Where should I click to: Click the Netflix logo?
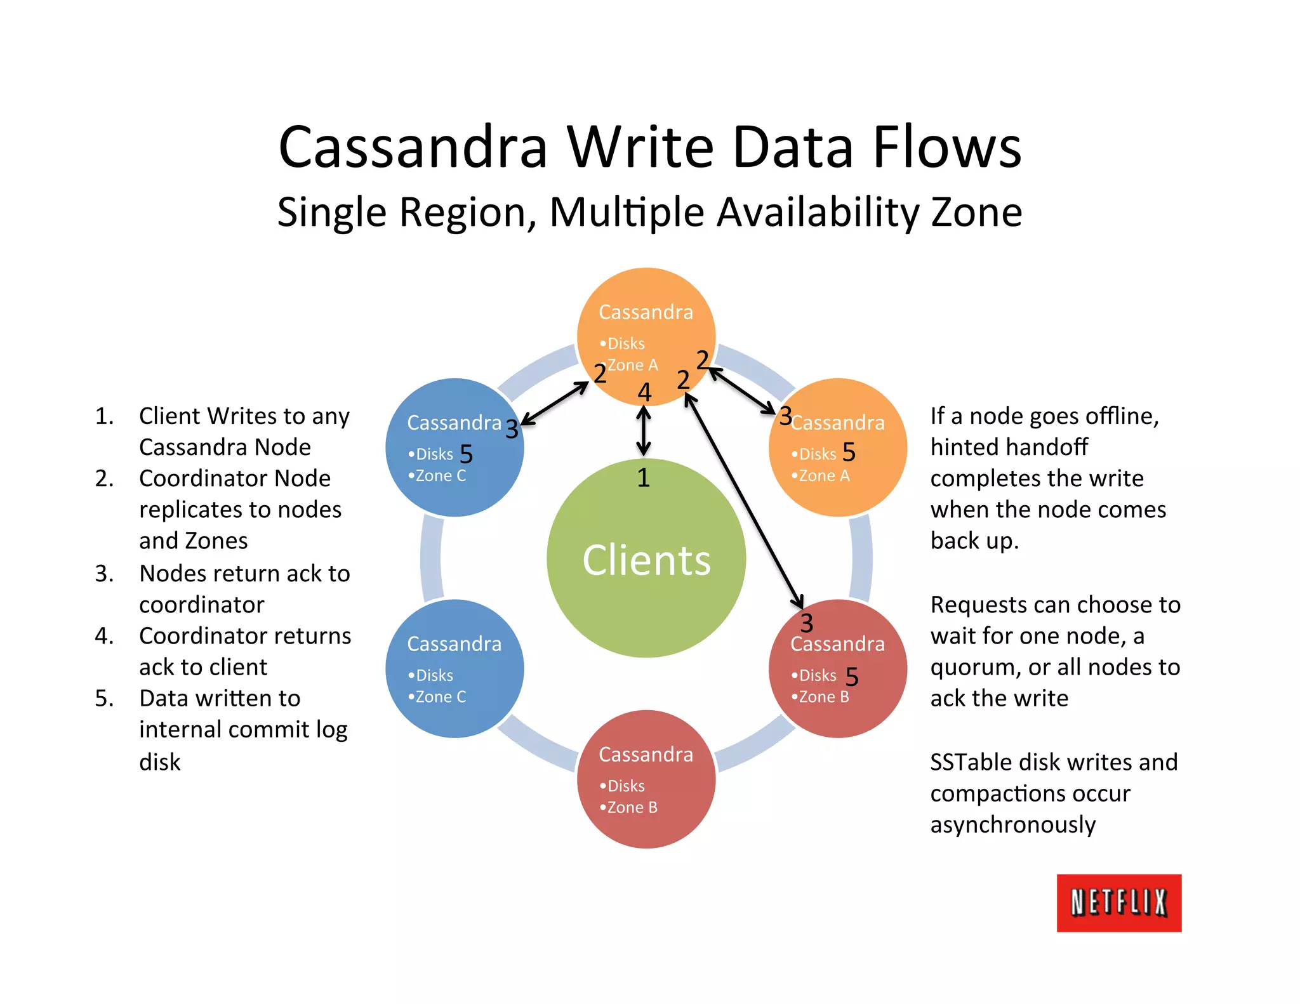pyautogui.click(x=1118, y=902)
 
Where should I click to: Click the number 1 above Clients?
pyautogui.click(x=643, y=478)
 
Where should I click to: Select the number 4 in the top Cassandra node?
pyautogui.click(x=644, y=392)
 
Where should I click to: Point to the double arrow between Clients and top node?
pyautogui.click(x=644, y=432)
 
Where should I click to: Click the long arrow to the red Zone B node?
pyautogui.click(x=744, y=501)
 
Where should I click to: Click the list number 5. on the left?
pyautogui.click(x=104, y=699)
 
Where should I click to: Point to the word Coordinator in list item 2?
pyautogui.click(x=202, y=479)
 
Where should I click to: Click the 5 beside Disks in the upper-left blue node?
pyautogui.click(x=466, y=454)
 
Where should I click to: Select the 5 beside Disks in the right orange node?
pyautogui.click(x=849, y=452)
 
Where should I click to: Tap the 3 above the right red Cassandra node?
pyautogui.click(x=806, y=623)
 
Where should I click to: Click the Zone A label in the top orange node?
pyautogui.click(x=632, y=366)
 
